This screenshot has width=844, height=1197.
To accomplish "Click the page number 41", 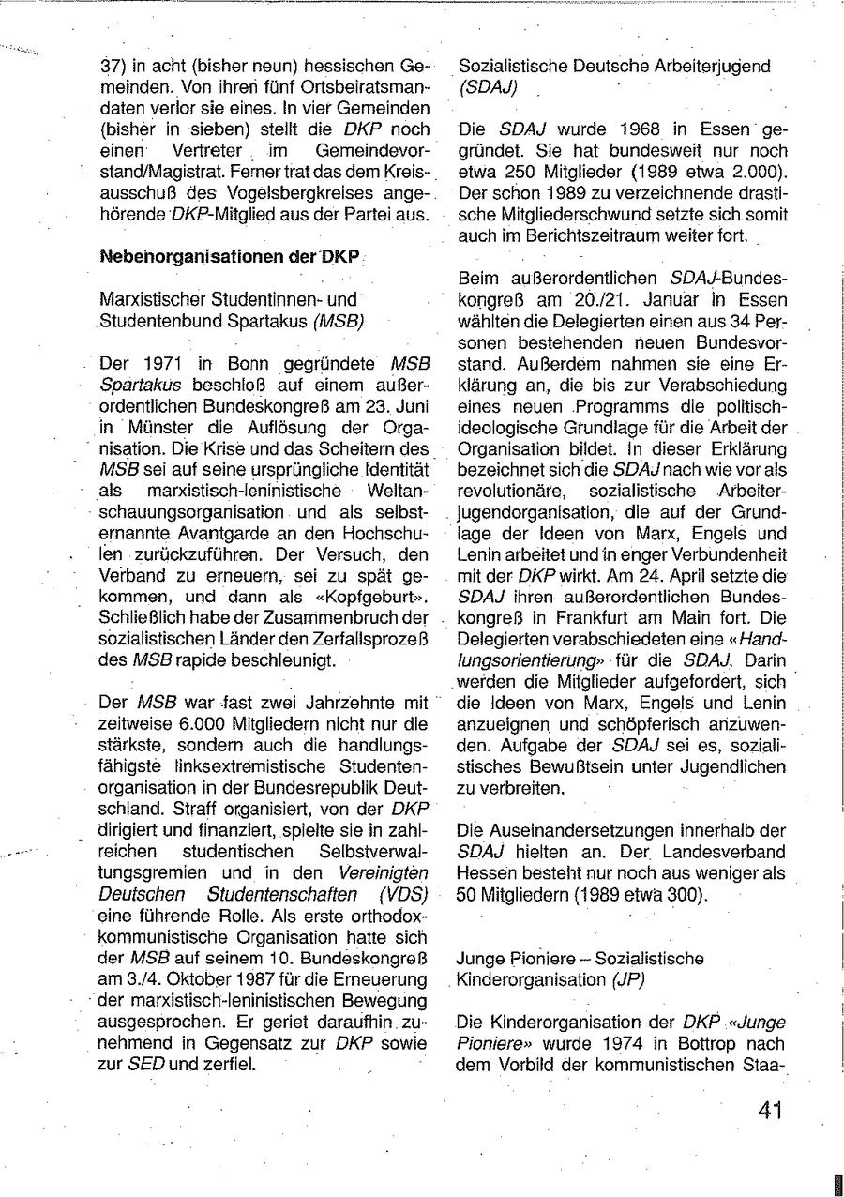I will point(770,1110).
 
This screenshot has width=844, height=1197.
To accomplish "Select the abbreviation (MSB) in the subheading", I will point(339,321).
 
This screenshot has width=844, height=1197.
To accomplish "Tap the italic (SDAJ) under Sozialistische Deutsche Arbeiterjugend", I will point(488,87).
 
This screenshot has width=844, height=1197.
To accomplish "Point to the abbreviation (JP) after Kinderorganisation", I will point(627,978).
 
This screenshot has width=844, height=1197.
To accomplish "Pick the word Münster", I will point(154,429).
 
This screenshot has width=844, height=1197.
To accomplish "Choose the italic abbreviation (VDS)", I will point(404,894).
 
